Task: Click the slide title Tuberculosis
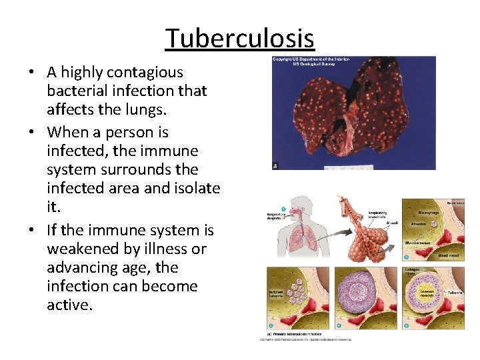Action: [240, 39]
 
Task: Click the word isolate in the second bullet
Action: [194, 188]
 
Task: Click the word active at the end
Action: [69, 305]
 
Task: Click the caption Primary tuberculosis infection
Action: [297, 334]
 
